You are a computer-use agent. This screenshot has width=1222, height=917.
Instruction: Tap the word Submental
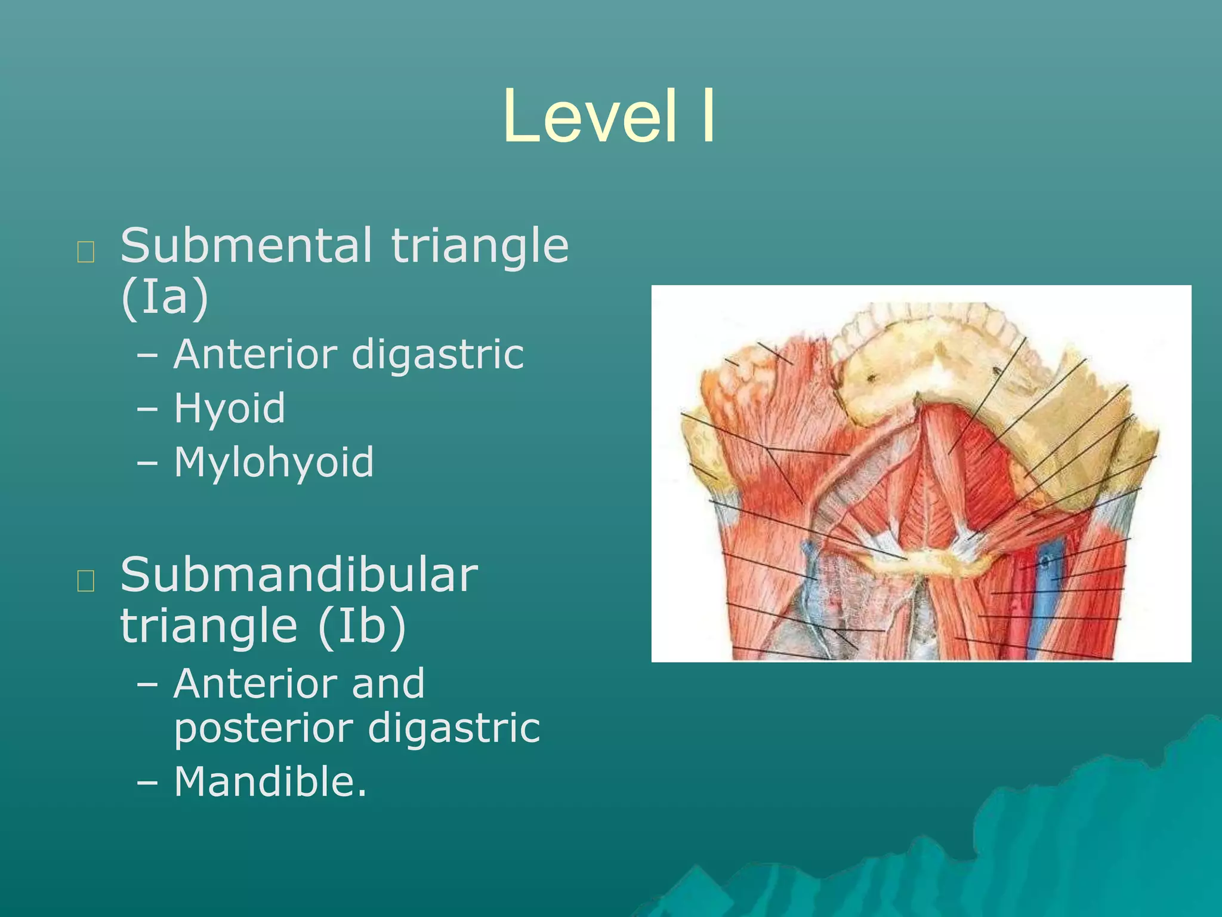pos(246,245)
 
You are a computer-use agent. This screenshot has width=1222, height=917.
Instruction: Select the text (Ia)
pos(165,297)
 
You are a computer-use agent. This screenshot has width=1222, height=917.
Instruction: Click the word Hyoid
pos(230,408)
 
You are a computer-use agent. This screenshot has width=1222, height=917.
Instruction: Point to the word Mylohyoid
pos(274,463)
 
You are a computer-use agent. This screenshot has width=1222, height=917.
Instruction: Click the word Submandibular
pos(299,575)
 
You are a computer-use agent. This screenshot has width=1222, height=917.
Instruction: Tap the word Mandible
pos(270,781)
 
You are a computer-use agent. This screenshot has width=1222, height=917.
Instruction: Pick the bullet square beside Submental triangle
pos(86,253)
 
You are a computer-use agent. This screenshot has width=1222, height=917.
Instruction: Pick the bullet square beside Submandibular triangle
pos(86,580)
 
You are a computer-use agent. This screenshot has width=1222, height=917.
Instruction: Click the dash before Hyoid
pos(147,410)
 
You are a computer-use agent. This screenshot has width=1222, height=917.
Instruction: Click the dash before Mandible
pos(147,782)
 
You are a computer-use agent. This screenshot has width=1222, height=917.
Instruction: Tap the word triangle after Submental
pos(480,245)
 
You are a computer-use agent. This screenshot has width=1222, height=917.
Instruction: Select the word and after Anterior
pos(388,684)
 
